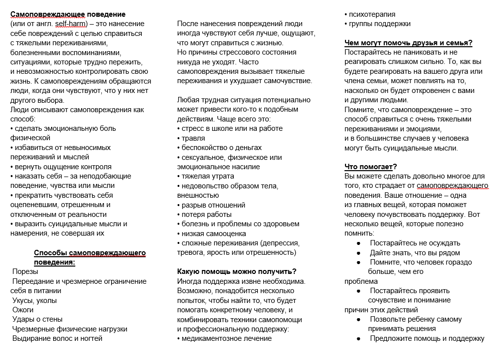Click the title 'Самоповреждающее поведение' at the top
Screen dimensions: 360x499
point(68,14)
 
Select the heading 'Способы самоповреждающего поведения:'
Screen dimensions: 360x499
point(90,257)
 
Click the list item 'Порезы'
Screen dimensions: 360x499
point(26,271)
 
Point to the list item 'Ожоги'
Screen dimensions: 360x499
point(23,310)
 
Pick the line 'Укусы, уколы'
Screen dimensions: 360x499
point(34,300)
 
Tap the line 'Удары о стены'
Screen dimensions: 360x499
point(37,319)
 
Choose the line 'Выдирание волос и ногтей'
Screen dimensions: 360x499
point(57,338)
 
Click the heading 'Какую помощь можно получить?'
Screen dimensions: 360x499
point(237,271)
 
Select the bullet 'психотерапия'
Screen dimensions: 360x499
point(372,14)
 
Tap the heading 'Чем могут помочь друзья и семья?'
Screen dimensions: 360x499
point(408,43)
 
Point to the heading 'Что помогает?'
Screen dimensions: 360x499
point(371,167)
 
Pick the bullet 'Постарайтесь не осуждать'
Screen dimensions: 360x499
point(415,243)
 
